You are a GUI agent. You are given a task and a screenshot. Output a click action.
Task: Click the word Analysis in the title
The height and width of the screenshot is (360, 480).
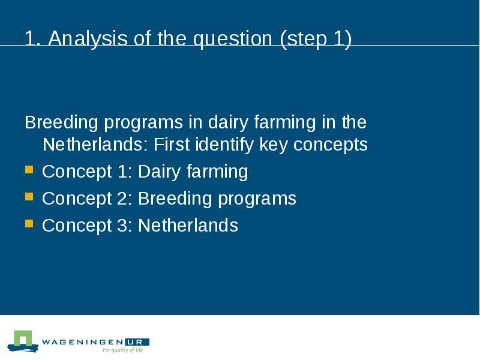coord(88,39)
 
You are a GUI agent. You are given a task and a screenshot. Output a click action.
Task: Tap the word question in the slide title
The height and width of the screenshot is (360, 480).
coord(233,39)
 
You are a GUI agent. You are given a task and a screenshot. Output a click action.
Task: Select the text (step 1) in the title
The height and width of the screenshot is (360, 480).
coord(316,39)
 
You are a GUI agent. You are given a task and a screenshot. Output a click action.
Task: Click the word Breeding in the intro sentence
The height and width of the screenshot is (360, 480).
coord(61,123)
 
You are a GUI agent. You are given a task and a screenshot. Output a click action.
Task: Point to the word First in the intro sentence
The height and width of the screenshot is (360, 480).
coord(172,144)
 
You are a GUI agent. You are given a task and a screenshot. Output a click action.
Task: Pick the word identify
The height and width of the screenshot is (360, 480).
coord(224,145)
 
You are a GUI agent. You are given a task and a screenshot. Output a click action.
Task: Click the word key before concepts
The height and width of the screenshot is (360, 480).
coord(274,145)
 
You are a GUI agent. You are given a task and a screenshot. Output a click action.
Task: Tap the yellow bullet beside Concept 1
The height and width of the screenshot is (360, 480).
coord(29,170)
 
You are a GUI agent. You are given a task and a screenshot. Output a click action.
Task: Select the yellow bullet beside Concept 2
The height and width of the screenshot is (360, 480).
coord(29,197)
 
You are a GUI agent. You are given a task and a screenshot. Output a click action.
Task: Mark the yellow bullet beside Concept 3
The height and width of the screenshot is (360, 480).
coord(29,223)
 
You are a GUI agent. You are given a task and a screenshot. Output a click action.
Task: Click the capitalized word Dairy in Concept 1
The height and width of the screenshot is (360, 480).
coord(159,172)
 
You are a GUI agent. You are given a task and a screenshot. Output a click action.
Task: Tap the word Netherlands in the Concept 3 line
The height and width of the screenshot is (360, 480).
coord(188,226)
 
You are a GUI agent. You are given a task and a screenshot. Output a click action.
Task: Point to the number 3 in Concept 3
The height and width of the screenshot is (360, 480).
coord(122,226)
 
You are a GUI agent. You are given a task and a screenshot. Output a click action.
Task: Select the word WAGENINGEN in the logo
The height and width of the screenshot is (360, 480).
coord(83,342)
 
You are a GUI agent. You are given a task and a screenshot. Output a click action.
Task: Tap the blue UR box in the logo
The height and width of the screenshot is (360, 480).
coord(137,342)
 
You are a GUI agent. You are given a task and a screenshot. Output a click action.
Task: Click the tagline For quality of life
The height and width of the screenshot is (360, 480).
coord(123,350)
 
